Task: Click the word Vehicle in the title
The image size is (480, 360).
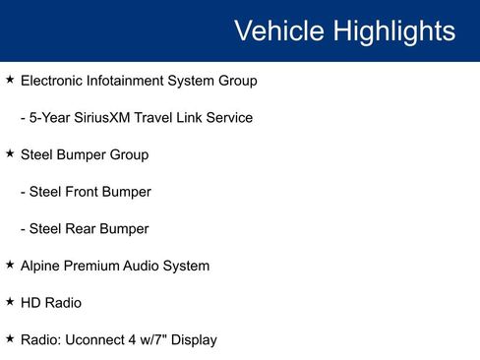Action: pyautogui.click(x=278, y=30)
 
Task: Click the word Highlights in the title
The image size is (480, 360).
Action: pyautogui.click(x=393, y=30)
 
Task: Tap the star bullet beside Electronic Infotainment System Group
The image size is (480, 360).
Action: pyautogui.click(x=10, y=80)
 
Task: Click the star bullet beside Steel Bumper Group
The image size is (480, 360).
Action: pyautogui.click(x=10, y=153)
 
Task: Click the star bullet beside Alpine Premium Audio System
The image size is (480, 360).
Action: pyautogui.click(x=10, y=265)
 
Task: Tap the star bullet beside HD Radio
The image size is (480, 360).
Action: pyautogui.click(x=10, y=301)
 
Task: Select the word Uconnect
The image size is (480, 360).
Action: pyautogui.click(x=99, y=340)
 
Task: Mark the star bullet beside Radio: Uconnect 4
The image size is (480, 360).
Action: pyautogui.click(x=10, y=338)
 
